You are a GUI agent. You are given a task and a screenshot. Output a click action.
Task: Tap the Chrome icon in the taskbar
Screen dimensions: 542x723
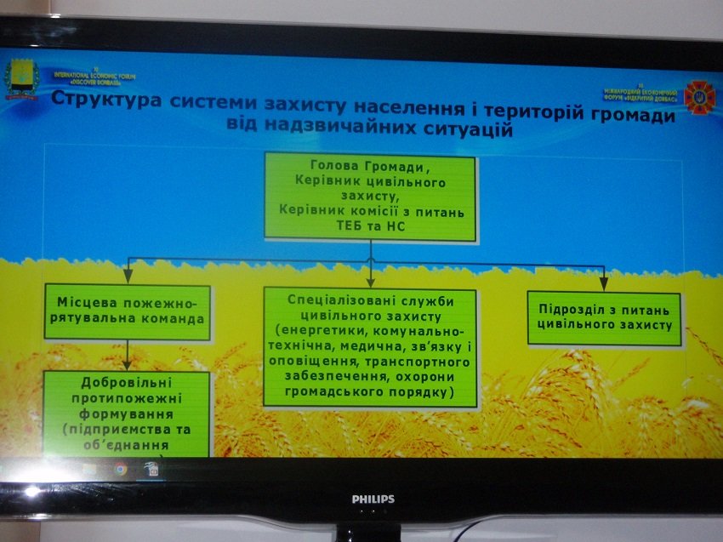tap(122, 469)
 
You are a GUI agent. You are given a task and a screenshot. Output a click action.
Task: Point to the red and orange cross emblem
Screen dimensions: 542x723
tap(699, 98)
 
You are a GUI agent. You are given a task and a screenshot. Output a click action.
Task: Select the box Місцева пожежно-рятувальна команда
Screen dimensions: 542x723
tap(127, 312)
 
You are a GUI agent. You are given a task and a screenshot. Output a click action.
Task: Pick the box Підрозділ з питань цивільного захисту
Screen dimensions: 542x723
tap(604, 317)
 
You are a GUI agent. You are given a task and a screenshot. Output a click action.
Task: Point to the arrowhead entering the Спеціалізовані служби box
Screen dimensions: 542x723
tap(370, 279)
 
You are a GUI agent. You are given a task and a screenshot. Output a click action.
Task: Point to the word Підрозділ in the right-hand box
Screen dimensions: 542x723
tap(567, 309)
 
